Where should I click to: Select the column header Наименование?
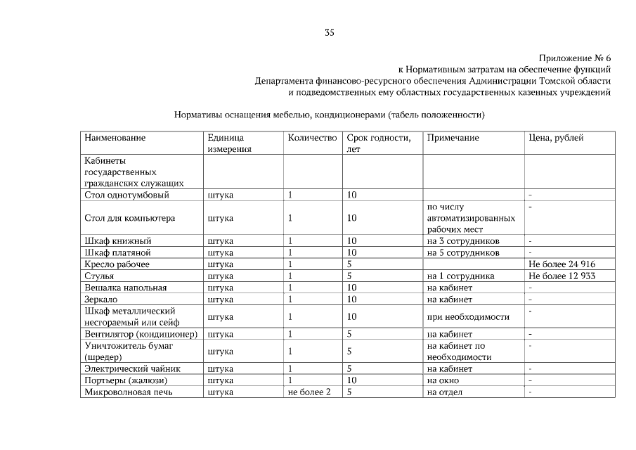point(115,138)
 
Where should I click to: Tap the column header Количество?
point(312,138)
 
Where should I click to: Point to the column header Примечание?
point(453,138)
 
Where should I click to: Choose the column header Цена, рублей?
point(556,138)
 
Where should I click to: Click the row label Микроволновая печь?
point(128,392)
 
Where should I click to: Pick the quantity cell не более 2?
point(309,392)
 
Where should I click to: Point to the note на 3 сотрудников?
point(463,241)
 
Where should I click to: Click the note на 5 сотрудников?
point(463,253)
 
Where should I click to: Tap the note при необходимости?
point(467,317)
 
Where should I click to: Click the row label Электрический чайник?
point(132,368)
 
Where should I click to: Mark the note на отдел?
point(445,392)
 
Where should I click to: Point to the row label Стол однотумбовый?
point(126,195)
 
